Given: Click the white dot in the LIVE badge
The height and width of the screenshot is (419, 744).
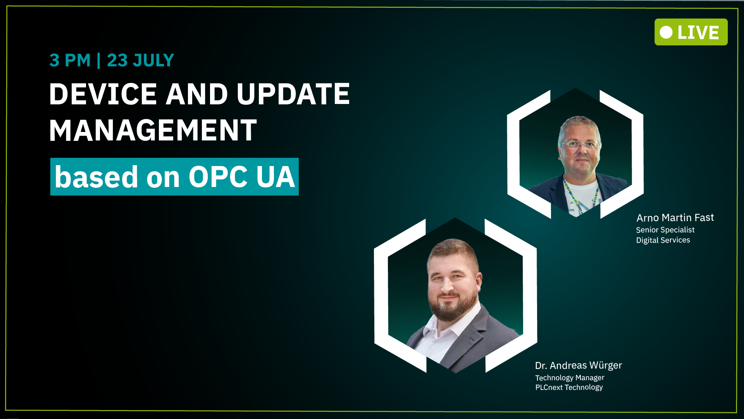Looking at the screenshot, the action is [666, 32].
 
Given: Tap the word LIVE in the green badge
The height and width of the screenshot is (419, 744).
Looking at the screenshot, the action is [698, 33].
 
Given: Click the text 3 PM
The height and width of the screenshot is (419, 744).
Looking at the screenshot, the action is [70, 61].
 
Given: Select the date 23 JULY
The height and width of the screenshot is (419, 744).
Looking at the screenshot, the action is [140, 61].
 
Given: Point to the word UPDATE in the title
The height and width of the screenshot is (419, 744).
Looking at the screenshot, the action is [293, 94].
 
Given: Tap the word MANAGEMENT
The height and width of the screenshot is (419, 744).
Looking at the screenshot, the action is [153, 130].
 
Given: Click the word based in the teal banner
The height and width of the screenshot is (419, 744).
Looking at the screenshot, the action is [96, 177].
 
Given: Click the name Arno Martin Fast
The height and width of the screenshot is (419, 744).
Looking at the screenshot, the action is [675, 218].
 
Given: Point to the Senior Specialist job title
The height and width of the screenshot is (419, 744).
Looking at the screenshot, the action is [665, 230].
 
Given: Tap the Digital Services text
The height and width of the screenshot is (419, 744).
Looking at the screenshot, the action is [663, 240].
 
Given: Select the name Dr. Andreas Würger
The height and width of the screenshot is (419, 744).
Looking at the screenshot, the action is [579, 365].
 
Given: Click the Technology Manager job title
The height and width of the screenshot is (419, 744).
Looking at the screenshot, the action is [570, 377].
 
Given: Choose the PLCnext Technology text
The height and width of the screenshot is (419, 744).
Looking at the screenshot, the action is [569, 387].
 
